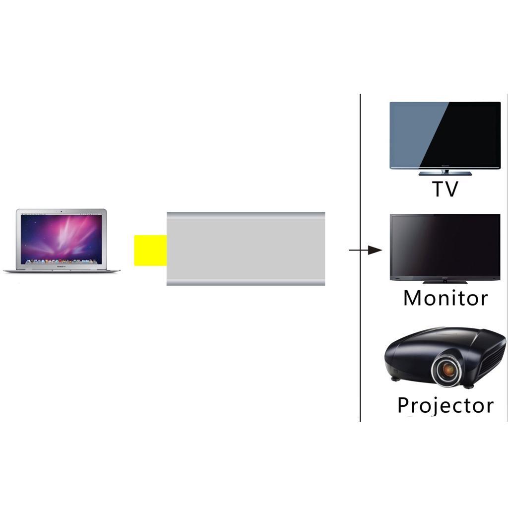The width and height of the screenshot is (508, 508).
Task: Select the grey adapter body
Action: click(x=246, y=249)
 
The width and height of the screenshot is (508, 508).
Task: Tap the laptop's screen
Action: click(x=62, y=238)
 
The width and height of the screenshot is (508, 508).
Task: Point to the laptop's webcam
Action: click(x=62, y=212)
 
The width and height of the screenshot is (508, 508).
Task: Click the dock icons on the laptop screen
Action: click(x=62, y=261)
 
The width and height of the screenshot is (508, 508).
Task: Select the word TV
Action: click(x=444, y=190)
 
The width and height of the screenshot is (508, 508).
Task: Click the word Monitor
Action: click(x=445, y=298)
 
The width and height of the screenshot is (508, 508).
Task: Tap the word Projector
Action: click(x=445, y=405)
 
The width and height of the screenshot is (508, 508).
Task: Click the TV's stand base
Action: click(x=445, y=174)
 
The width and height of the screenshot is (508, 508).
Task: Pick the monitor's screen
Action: click(x=445, y=246)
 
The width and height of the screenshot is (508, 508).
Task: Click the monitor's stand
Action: click(x=444, y=281)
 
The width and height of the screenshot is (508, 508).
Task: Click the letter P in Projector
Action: click(x=405, y=405)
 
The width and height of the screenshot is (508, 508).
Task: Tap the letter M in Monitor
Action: click(x=413, y=298)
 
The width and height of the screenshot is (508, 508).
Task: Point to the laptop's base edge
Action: click(x=62, y=271)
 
